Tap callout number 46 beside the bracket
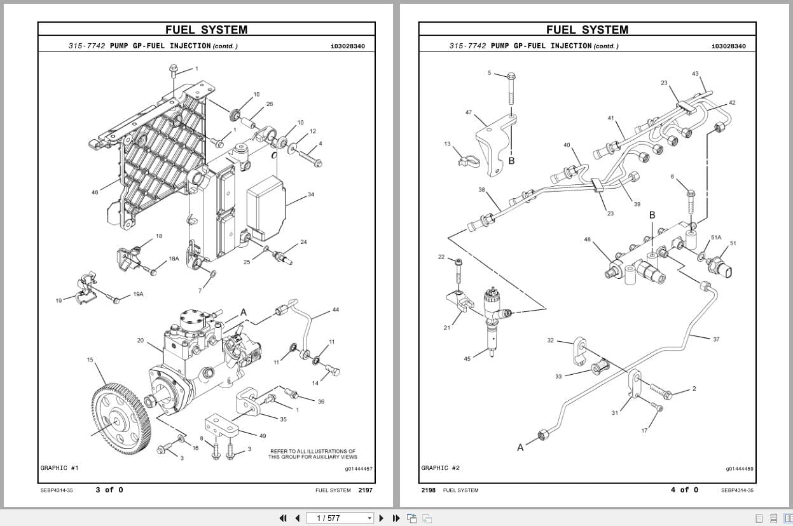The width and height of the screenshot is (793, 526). (x=95, y=192)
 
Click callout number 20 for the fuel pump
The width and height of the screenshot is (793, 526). (x=141, y=341)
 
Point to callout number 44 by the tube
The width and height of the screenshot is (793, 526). (x=336, y=310)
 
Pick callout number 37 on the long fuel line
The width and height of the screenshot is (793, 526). (x=716, y=339)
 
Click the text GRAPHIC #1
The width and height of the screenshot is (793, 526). (x=59, y=468)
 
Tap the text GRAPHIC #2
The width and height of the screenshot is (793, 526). (x=440, y=468)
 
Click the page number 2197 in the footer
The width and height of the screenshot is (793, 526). (x=365, y=490)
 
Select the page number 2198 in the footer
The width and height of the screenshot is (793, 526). (x=428, y=490)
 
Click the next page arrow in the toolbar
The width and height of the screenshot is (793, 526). (x=382, y=518)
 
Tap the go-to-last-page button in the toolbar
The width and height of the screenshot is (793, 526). (x=396, y=518)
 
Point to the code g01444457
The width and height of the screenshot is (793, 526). (x=359, y=469)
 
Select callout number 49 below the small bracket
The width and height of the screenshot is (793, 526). (x=263, y=436)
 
